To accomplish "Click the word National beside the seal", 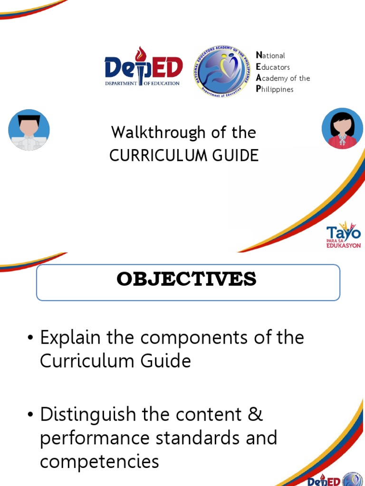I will pyautogui.click(x=270, y=56).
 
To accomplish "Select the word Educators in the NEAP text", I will pyautogui.click(x=273, y=67).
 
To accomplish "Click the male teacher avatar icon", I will pyautogui.click(x=29, y=130).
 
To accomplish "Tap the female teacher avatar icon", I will pyautogui.click(x=342, y=129).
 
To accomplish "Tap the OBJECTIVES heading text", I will pyautogui.click(x=186, y=280).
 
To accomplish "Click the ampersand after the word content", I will pyautogui.click(x=255, y=414).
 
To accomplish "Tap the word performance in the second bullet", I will pyautogui.click(x=97, y=438).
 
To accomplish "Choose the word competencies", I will pyautogui.click(x=99, y=461).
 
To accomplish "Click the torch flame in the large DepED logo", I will pyautogui.click(x=139, y=53).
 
